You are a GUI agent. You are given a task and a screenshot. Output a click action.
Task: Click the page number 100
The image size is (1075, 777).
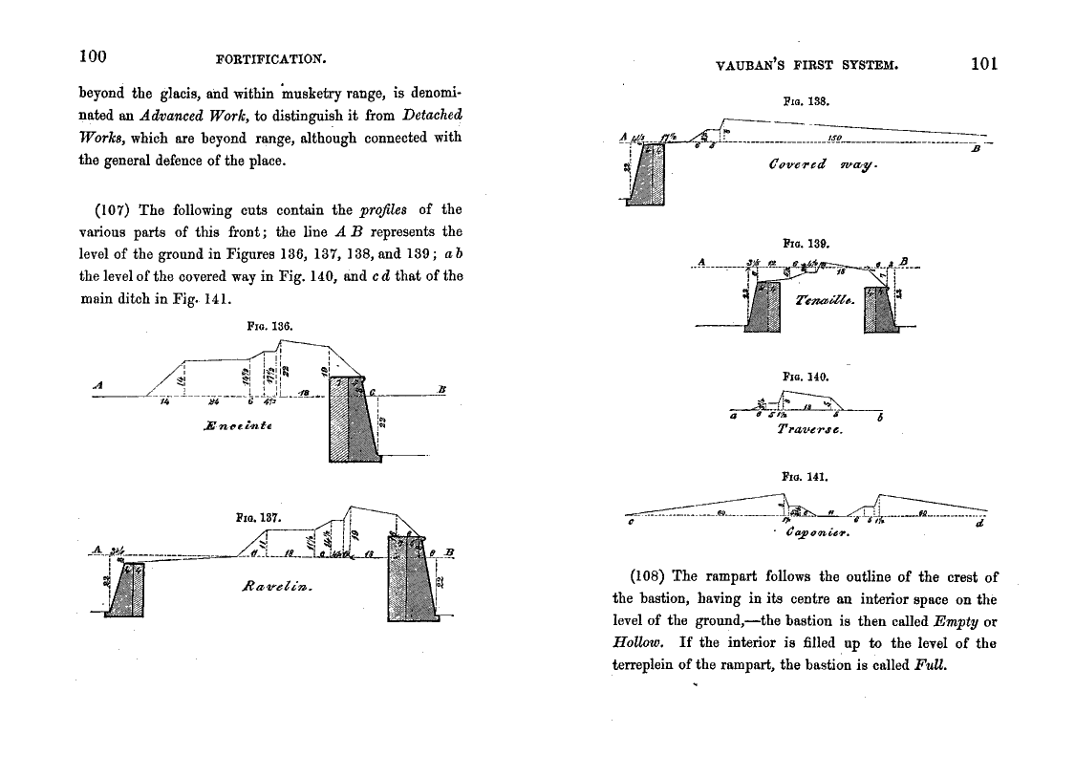[92, 56]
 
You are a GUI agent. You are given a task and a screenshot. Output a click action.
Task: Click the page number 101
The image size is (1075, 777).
[983, 64]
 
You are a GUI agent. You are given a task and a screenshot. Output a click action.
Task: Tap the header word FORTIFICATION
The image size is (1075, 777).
[271, 59]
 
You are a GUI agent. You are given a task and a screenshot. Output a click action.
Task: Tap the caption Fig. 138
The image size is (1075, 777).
[798, 99]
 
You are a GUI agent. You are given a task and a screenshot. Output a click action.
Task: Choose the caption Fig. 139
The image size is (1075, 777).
[798, 244]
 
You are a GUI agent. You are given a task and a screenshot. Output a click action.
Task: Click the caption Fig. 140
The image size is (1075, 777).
[798, 377]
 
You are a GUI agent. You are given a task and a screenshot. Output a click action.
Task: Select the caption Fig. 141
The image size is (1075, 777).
[798, 475]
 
